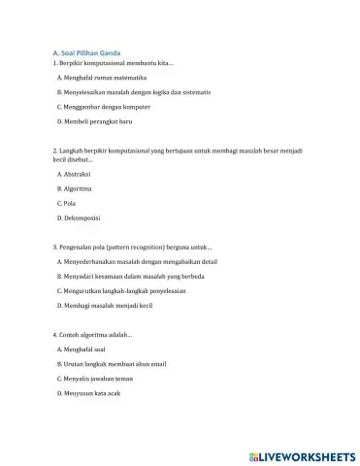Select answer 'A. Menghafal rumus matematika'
[102, 76]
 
